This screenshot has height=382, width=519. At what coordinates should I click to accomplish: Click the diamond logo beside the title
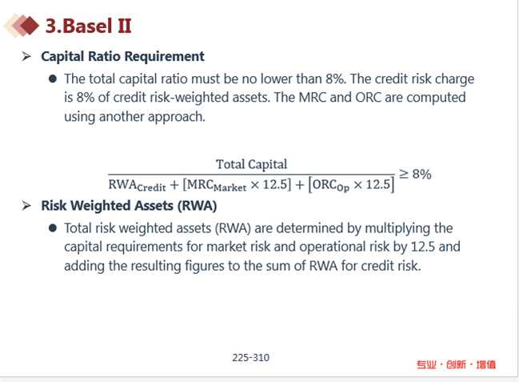click(21, 26)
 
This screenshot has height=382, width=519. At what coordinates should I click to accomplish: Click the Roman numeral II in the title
click(125, 26)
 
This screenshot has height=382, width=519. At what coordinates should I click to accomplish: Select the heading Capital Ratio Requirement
click(122, 56)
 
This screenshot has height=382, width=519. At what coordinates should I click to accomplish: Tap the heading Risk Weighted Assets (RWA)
click(129, 206)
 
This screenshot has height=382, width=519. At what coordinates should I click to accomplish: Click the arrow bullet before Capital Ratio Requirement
click(26, 56)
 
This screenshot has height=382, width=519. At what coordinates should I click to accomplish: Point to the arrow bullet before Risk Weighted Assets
click(26, 206)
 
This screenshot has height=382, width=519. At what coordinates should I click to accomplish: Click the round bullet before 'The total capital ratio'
click(53, 79)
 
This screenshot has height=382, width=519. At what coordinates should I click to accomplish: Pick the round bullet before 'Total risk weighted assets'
click(53, 228)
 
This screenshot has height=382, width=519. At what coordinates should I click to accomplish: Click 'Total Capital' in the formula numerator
click(252, 164)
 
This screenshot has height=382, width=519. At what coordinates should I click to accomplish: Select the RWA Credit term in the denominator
click(137, 185)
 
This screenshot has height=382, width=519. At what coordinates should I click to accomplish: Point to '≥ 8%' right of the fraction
click(415, 174)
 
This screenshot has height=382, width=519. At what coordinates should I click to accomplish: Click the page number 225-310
click(251, 357)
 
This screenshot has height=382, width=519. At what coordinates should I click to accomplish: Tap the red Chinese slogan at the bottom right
click(456, 364)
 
